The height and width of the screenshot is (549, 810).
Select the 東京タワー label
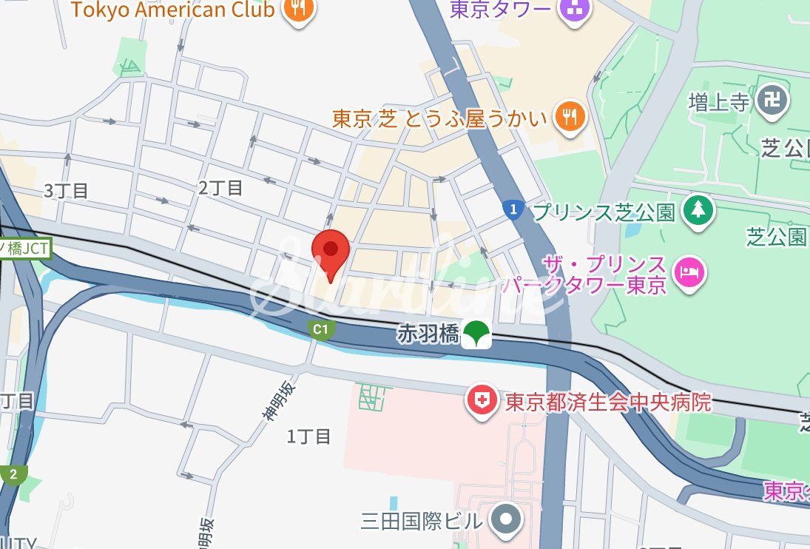501,8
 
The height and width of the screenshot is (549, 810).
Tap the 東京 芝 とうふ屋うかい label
439,118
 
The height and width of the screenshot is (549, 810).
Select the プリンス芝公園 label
604,212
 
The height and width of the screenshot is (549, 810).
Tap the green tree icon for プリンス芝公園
697,211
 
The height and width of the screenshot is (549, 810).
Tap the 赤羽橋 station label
428,334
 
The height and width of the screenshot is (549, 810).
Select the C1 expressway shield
319,329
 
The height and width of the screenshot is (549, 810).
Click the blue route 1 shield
511,210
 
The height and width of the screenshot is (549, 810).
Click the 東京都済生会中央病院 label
608,402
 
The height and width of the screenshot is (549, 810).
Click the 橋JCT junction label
24,248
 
